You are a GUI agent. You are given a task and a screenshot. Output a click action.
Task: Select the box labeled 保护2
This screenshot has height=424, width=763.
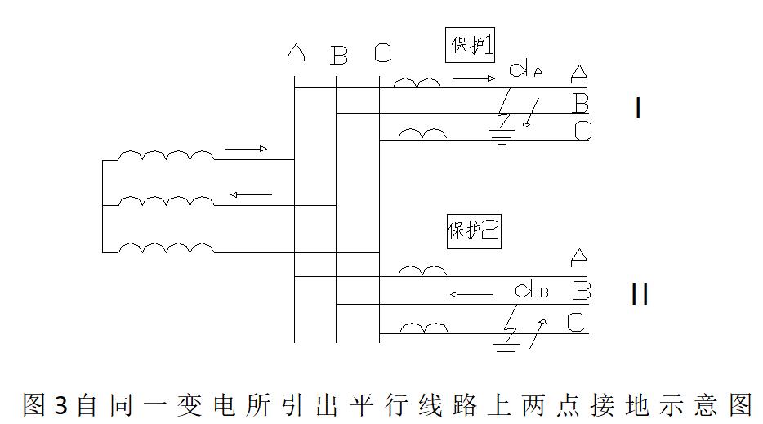pyautogui.click(x=473, y=231)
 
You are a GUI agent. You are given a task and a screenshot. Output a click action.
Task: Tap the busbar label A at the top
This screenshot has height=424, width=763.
pyautogui.click(x=297, y=54)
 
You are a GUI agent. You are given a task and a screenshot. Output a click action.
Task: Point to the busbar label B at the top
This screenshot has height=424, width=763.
pyautogui.click(x=339, y=56)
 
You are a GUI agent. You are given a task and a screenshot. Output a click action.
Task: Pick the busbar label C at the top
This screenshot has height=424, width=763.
pyautogui.click(x=382, y=54)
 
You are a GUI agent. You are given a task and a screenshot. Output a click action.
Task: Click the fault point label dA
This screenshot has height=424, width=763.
pyautogui.click(x=525, y=70)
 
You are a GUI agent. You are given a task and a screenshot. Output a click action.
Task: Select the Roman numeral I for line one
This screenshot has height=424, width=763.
pyautogui.click(x=638, y=109)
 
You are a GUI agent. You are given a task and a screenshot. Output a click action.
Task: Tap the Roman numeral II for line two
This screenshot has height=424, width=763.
pyautogui.click(x=640, y=294)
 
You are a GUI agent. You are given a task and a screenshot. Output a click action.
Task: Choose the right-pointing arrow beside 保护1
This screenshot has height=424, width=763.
pyautogui.click(x=474, y=79)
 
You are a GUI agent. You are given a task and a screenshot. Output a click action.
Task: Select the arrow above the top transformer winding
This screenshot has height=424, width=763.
pyautogui.click(x=246, y=150)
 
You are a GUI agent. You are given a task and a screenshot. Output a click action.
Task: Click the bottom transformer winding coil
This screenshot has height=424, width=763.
pyautogui.click(x=167, y=247)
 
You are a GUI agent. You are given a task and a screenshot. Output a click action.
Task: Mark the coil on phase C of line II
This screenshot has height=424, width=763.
pyautogui.click(x=422, y=328)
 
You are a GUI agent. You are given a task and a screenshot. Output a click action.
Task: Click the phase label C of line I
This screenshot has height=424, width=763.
pyautogui.click(x=582, y=131)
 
